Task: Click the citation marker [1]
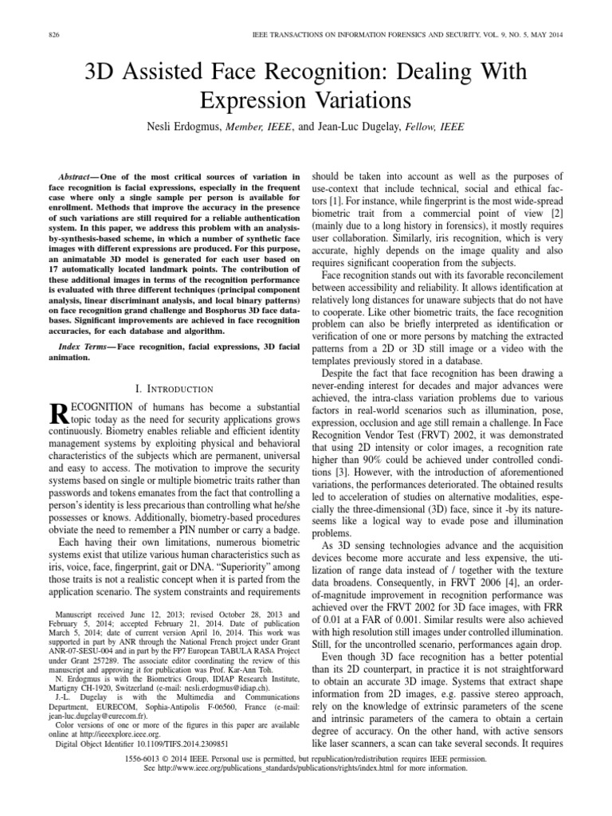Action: [x=338, y=214]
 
